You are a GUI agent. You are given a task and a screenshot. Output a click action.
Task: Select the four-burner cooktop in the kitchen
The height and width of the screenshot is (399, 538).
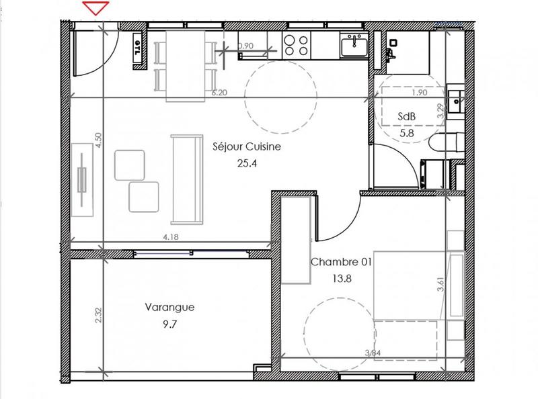pos(296,45)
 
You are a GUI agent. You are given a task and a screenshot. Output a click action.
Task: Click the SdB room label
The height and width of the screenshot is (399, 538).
pos(407,116)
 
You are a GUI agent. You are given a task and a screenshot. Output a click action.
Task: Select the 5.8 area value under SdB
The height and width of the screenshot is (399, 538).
pos(407,134)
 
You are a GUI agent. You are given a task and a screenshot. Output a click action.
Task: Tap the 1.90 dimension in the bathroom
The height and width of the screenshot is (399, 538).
pos(420,93)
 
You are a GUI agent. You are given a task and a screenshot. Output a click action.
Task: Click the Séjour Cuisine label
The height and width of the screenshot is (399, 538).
pos(246,146)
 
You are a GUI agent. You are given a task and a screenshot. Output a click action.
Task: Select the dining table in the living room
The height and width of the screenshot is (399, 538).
pos(186,65)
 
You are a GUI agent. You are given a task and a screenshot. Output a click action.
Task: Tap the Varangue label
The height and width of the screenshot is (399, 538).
pos(170,308)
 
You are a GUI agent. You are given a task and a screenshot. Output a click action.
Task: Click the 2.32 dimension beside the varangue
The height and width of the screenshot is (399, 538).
pos(98,315)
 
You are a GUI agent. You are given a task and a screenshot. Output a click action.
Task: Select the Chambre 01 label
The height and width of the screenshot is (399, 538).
pos(341,261)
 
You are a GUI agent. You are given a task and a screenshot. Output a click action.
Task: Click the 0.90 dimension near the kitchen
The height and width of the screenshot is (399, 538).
pos(246,46)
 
